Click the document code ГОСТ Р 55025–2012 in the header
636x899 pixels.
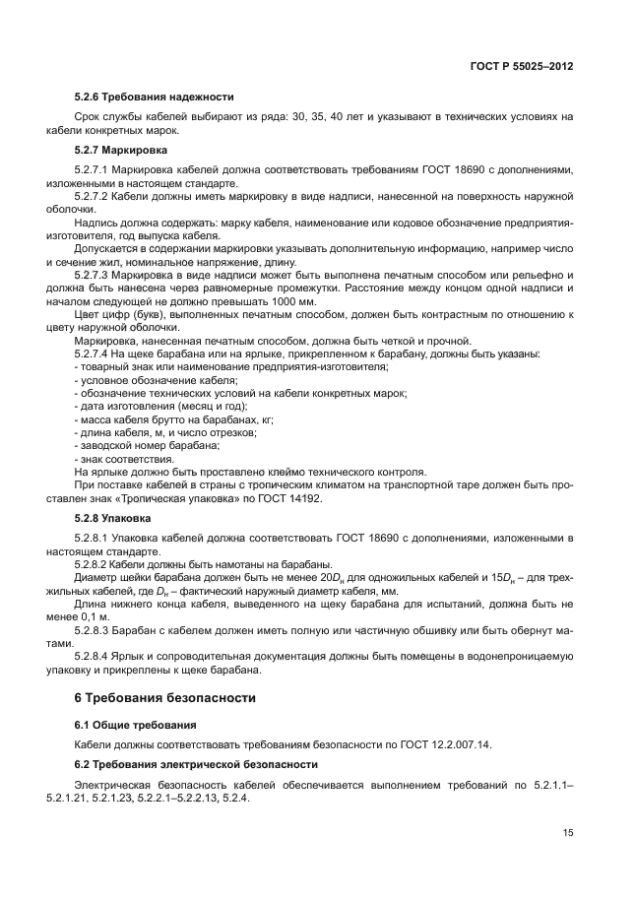pyautogui.click(x=523, y=65)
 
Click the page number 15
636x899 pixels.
pyautogui.click(x=568, y=832)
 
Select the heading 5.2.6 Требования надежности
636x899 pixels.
pyautogui.click(x=154, y=96)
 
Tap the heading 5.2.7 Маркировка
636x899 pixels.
pyautogui.click(x=121, y=150)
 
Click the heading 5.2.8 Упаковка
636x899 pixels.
pyautogui.click(x=113, y=516)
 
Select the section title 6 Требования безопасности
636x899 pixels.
pyautogui.click(x=164, y=697)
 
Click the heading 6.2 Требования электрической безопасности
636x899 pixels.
pyautogui.click(x=196, y=764)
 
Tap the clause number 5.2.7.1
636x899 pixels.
pyautogui.click(x=93, y=170)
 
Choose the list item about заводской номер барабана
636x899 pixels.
pyautogui.click(x=134, y=445)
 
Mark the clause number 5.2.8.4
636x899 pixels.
pyautogui.click(x=93, y=655)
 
